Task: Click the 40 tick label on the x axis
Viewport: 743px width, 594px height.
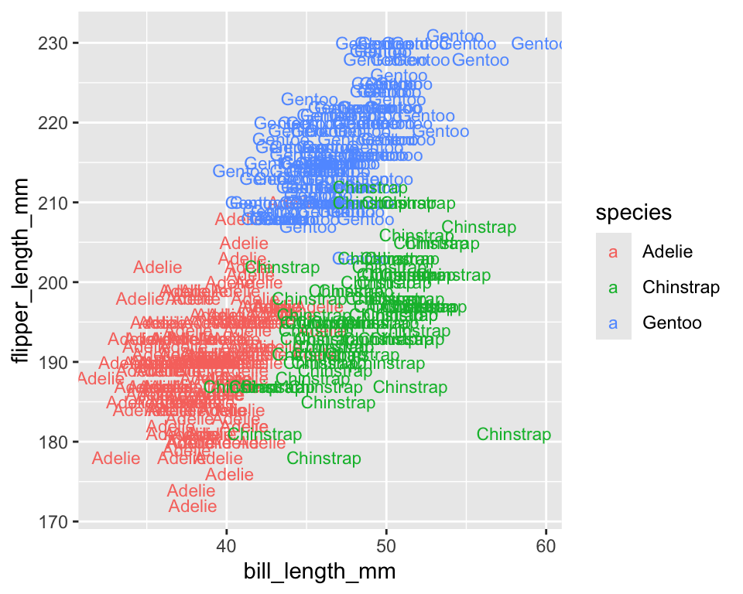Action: tap(226, 546)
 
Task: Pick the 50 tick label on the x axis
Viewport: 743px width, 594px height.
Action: tap(386, 546)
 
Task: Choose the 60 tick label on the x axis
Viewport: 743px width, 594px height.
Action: tap(546, 546)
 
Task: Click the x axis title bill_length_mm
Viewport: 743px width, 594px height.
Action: tap(320, 572)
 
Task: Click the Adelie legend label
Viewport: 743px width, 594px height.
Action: tap(667, 251)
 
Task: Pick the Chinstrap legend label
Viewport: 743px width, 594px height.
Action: tap(681, 287)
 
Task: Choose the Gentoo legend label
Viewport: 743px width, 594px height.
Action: tap(672, 323)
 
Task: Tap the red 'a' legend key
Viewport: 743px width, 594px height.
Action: tap(614, 251)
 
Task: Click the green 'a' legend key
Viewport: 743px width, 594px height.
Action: tap(614, 287)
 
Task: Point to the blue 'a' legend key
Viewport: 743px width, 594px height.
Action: tap(614, 323)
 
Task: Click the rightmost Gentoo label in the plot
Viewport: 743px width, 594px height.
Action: tap(540, 44)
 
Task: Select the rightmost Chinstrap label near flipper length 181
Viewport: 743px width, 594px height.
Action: tap(514, 435)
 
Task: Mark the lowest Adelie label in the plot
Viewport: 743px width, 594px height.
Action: tap(193, 507)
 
